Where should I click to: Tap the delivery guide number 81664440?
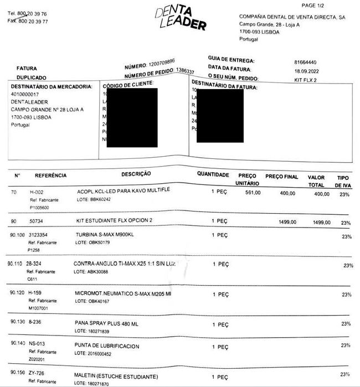[x=306, y=63]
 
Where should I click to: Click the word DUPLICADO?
[x=32, y=78]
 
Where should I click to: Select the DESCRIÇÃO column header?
[x=136, y=174]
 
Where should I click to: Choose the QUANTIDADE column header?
[x=213, y=174]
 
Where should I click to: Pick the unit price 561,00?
[x=253, y=193]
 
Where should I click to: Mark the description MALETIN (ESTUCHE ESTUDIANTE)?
[x=116, y=376]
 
